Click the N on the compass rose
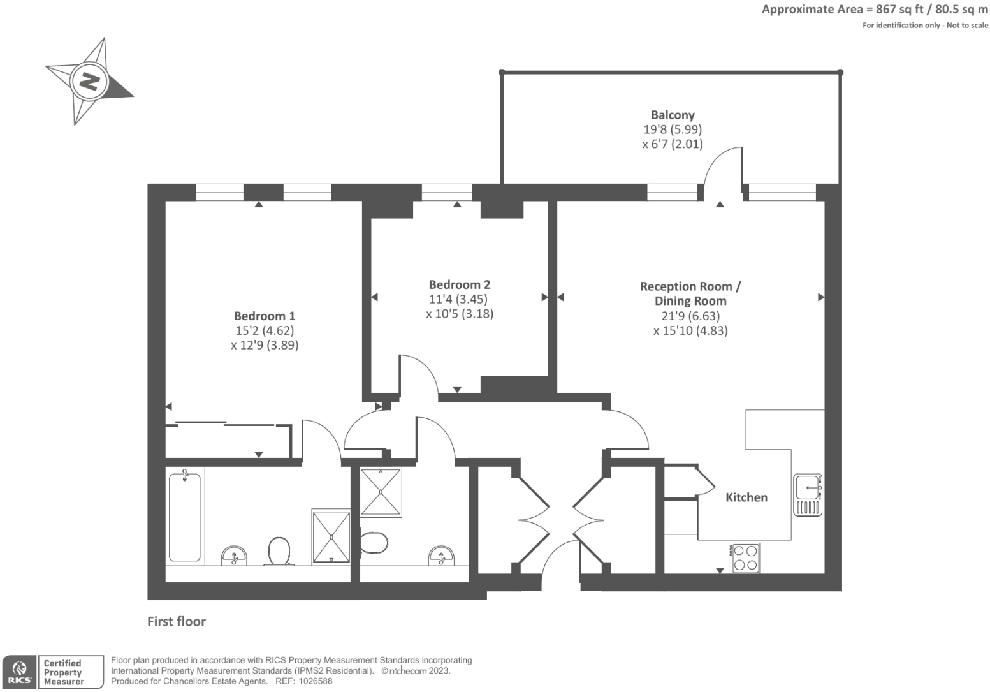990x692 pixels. tap(88, 81)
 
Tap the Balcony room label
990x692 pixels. tap(673, 115)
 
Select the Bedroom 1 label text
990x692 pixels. tap(265, 316)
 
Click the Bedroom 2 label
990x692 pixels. tap(459, 284)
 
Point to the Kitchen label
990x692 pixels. tap(746, 497)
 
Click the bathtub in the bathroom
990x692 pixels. tap(185, 517)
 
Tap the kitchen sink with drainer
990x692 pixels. tap(808, 494)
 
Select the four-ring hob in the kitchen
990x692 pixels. tap(745, 557)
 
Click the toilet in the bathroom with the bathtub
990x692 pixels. tap(279, 551)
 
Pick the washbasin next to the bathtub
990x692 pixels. tap(235, 556)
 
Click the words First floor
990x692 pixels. tap(177, 621)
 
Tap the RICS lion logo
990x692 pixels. tap(19, 672)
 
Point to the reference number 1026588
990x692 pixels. tap(312, 681)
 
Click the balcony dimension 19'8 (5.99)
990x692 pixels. tap(673, 129)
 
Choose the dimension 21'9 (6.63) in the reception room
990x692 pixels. tap(690, 316)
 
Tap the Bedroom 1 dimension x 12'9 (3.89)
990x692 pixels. tap(265, 345)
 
